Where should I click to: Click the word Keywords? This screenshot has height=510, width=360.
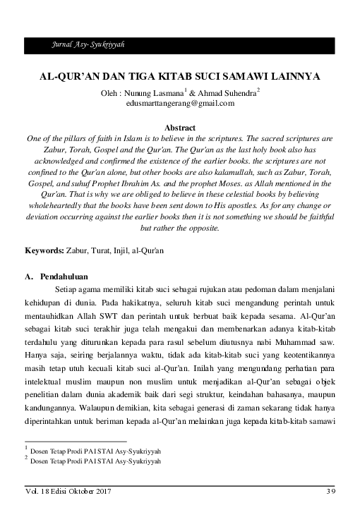[x=43, y=250]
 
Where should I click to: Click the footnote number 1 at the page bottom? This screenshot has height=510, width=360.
[x=25, y=447]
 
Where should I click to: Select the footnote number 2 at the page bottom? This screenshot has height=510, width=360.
[x=25, y=458]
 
